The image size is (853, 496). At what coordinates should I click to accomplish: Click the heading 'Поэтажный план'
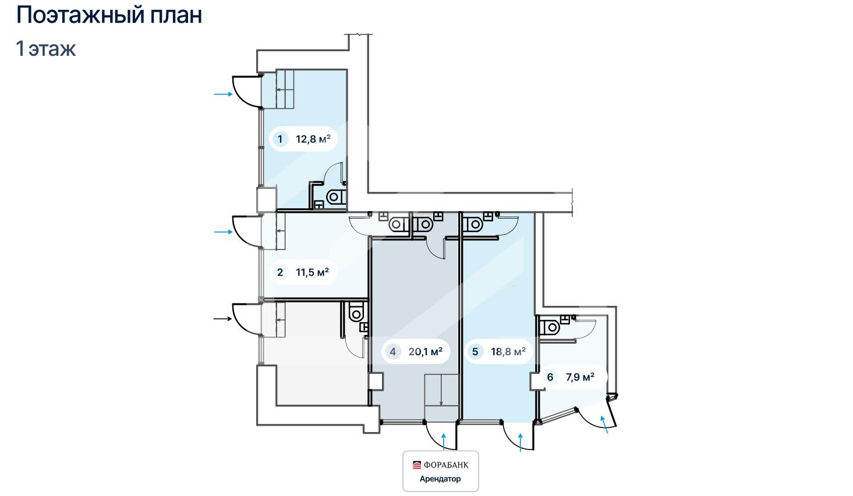[x=109, y=16]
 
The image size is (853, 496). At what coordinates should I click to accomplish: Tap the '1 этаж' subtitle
[x=45, y=49]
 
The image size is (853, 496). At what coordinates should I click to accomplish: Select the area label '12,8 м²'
[x=313, y=139]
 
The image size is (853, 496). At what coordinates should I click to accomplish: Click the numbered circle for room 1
[x=280, y=139]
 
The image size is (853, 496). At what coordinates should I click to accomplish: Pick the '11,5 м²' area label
[x=312, y=272]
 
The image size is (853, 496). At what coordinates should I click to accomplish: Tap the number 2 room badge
[x=280, y=272]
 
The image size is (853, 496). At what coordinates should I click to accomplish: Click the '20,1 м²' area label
[x=426, y=351]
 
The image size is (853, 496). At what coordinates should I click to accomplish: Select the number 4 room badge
[x=392, y=351]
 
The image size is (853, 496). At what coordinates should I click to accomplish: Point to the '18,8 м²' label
[x=508, y=351]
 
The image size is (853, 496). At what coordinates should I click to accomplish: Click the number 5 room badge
[x=475, y=351]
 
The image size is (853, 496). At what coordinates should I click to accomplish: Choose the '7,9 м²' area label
[x=580, y=377]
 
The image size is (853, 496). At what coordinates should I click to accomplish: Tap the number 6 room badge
[x=550, y=377]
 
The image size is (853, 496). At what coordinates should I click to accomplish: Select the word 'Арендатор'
[x=440, y=479]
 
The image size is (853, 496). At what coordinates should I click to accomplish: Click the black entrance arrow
[x=223, y=319]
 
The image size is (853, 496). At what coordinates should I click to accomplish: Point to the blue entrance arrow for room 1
[x=223, y=94]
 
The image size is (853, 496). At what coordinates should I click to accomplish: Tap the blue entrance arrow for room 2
[x=223, y=231]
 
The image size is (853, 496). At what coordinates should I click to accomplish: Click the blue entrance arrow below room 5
[x=521, y=442]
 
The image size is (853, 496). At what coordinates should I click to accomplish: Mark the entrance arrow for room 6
[x=604, y=424]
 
